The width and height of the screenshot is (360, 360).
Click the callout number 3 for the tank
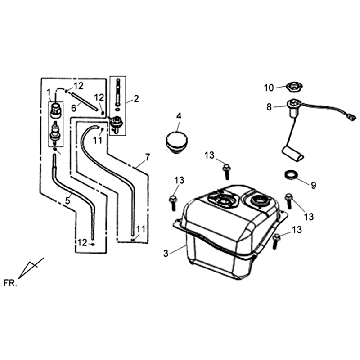pos(166,253)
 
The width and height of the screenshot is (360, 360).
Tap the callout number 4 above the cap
pos(179,116)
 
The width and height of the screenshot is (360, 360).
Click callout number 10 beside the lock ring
pos(269,88)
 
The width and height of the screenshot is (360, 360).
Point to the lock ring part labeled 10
pos(294,88)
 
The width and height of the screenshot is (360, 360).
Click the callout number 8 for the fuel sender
pos(269,107)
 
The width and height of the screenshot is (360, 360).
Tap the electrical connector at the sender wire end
pos(351,117)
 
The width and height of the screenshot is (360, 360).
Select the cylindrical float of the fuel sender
pos(293,153)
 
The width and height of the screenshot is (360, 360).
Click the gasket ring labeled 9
pos(291,175)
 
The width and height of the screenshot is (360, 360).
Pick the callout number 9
pos(313,185)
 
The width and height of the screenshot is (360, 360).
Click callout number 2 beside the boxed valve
pos(136,99)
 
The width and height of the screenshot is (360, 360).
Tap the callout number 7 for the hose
pos(147,156)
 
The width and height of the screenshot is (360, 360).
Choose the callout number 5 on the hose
pos(68,201)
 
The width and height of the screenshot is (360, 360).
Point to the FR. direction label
pos(10,283)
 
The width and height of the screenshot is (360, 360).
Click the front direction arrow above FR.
pos(30,268)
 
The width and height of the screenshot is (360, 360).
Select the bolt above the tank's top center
pos(226,172)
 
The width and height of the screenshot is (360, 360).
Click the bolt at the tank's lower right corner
pos(276,241)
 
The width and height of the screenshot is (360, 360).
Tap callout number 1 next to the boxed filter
pos(49,91)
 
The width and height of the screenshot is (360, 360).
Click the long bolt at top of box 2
pos(118,92)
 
